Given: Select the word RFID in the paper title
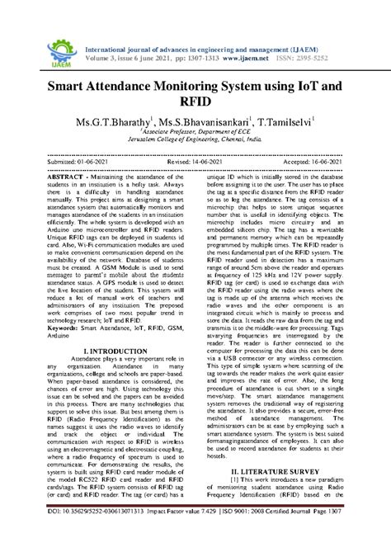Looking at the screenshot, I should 195,103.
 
